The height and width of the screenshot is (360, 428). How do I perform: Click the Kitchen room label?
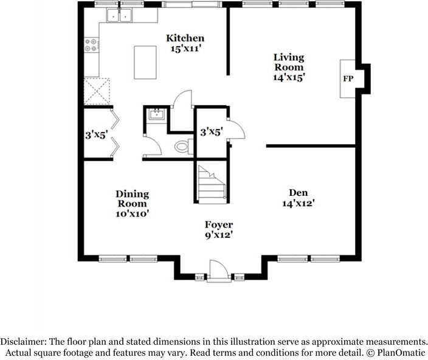185,38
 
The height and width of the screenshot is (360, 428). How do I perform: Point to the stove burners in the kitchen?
91,44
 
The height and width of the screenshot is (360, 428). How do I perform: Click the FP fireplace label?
348,78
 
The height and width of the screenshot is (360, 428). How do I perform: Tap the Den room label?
297,193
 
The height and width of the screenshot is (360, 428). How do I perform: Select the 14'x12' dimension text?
297,204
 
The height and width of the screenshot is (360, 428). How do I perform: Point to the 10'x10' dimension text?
132,213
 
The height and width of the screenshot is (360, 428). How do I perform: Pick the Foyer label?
219,225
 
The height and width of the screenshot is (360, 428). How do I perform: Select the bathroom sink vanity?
156,115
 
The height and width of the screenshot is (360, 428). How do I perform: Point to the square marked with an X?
97,92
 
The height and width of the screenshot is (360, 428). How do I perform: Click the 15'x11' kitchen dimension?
185,49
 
